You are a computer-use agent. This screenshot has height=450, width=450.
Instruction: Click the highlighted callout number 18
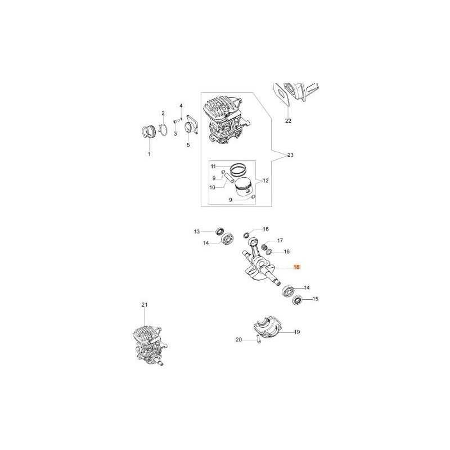point(296,267)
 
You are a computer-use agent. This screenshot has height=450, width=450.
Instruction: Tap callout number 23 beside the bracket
point(290,155)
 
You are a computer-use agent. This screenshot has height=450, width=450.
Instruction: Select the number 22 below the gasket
point(288,121)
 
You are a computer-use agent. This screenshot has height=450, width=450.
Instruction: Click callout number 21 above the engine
point(145,304)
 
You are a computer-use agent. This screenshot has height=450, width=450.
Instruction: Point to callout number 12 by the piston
point(265,181)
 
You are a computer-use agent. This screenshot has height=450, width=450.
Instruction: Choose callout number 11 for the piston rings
point(213,166)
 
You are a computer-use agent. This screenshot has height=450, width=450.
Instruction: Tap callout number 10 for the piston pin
point(213,188)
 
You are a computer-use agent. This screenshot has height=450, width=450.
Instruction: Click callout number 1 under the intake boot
point(149,154)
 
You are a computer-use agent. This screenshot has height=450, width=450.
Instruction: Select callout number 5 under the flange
point(188,145)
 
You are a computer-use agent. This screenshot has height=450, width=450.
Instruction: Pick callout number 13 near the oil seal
point(197,231)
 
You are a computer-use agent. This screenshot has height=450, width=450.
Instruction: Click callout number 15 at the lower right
point(315,299)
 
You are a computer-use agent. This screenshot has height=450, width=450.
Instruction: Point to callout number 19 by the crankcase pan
point(297,332)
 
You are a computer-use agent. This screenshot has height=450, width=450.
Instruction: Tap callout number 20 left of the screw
point(238,340)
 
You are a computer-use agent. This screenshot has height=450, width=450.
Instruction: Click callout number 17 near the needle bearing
point(280,241)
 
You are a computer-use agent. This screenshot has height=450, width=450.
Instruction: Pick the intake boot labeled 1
point(149,133)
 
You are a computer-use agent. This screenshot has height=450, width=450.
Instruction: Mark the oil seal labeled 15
point(298,301)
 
